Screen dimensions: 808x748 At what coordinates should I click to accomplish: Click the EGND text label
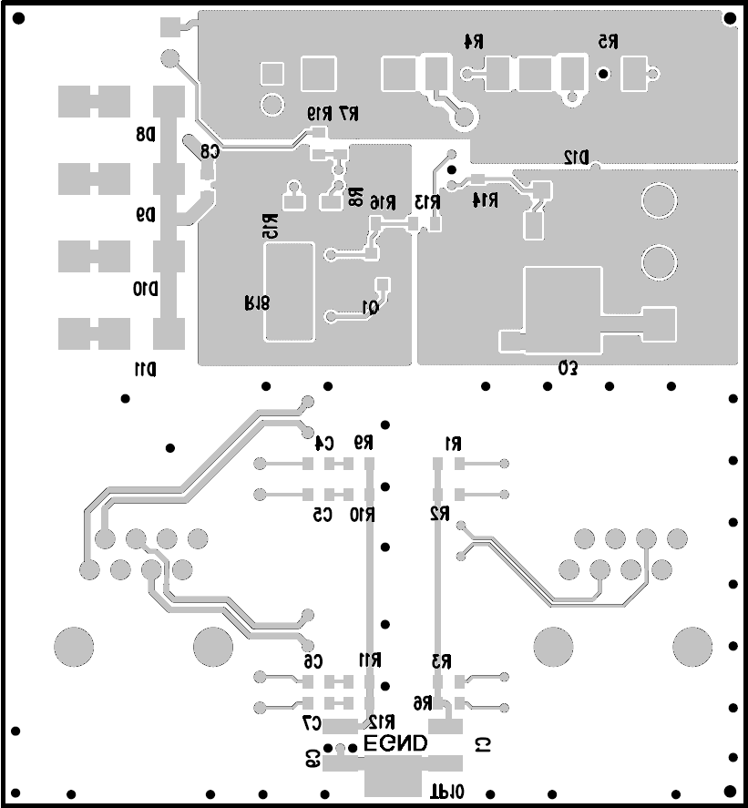pos(395,744)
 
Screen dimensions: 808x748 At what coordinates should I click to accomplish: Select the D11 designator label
pos(145,369)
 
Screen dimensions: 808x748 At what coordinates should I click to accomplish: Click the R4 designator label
pos(473,41)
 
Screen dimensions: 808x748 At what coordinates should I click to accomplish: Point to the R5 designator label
pos(608,41)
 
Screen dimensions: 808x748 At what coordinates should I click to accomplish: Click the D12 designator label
pos(576,157)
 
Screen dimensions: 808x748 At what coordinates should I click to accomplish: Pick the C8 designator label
pos(210,152)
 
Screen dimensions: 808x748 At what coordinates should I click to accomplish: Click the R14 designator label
pos(487,199)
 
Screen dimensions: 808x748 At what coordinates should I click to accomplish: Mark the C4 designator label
pos(324,444)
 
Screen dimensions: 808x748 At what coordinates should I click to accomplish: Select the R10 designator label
pos(363,515)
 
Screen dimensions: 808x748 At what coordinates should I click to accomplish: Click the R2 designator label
pos(441,515)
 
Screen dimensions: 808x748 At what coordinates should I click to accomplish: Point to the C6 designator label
pos(313,660)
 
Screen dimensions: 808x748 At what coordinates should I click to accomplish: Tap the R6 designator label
pos(422,703)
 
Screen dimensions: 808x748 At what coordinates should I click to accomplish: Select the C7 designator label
pos(312,722)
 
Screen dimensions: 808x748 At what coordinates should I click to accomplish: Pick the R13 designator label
pos(428,202)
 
